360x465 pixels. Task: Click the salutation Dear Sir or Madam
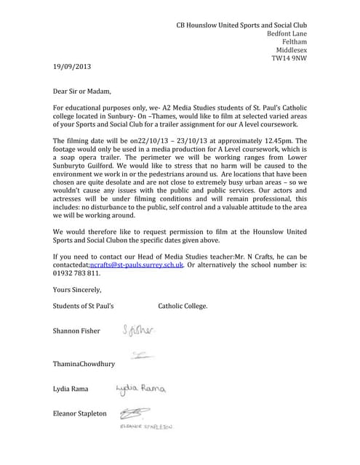click(x=84, y=92)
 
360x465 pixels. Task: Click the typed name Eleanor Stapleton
click(x=80, y=414)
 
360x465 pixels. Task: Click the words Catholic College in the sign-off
click(x=183, y=306)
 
